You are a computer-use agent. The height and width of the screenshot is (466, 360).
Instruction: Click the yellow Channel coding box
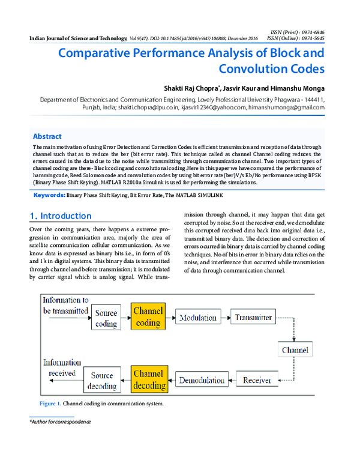click(148, 317)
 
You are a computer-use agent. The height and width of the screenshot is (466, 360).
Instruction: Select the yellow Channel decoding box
click(148, 379)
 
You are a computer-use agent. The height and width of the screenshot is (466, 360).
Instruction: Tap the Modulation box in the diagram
click(198, 317)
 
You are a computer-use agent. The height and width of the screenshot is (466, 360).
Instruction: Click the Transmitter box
click(254, 317)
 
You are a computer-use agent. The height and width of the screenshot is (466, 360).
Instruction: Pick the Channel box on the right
click(295, 349)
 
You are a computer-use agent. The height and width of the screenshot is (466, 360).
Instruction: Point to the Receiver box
click(257, 380)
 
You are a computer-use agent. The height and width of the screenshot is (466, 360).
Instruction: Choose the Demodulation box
click(202, 380)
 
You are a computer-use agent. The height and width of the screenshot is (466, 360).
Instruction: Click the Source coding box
click(107, 318)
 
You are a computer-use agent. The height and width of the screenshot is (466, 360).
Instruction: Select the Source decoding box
click(102, 380)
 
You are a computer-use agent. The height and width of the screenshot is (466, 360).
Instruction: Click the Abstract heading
click(47, 136)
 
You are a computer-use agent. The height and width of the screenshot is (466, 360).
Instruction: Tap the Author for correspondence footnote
click(60, 422)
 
